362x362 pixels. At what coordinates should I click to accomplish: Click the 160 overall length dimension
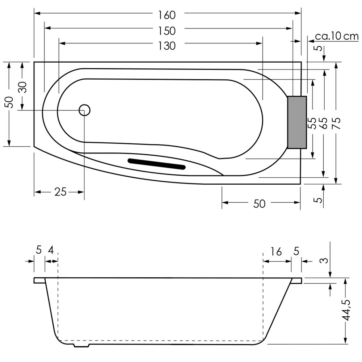167,15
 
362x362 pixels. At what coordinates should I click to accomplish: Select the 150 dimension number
167,31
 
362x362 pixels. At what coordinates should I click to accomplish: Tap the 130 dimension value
167,46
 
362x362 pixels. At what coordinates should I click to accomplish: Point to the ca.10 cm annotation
337,36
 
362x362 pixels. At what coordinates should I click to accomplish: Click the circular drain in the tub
84,110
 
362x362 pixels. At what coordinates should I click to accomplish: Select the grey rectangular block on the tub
297,122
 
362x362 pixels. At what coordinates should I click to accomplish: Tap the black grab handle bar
157,164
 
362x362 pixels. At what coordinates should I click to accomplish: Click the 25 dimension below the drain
61,191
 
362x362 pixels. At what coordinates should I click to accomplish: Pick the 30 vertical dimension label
23,87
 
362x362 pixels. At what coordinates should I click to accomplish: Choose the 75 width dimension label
337,123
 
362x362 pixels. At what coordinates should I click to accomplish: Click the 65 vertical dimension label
324,123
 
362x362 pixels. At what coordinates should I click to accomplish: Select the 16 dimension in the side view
276,252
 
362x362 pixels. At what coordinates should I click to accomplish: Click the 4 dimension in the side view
51,250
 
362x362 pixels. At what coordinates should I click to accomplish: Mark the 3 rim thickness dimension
325,260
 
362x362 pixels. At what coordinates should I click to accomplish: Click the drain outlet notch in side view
81,345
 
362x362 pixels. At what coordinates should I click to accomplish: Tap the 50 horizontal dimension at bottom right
259,203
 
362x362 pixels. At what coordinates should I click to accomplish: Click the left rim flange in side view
39,280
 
